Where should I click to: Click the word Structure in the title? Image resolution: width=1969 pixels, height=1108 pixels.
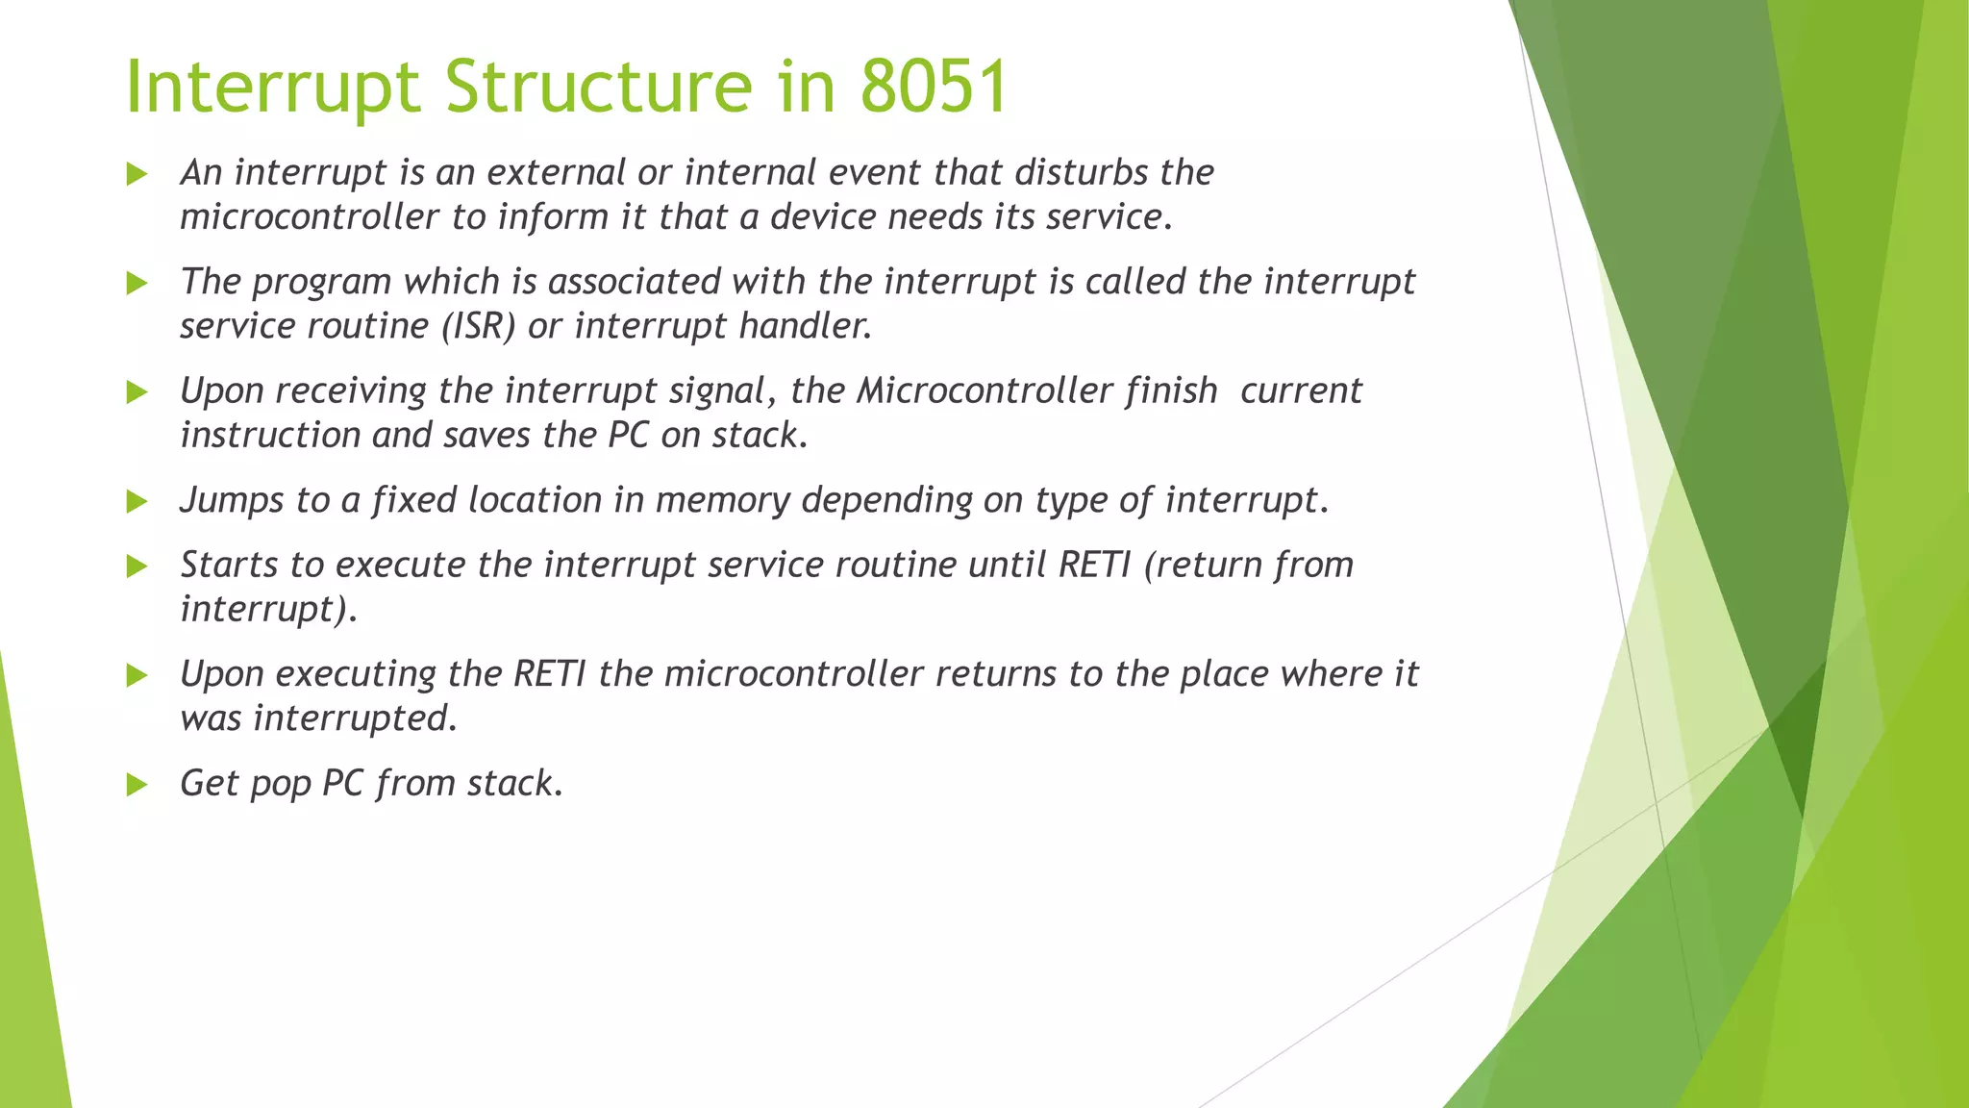pyautogui.click(x=598, y=87)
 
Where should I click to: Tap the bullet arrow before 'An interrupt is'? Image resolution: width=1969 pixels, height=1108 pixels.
pyautogui.click(x=137, y=174)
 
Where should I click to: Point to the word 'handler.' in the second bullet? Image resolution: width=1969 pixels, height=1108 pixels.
pyautogui.click(x=805, y=326)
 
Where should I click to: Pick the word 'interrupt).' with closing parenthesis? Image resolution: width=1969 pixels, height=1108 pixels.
pyautogui.click(x=268, y=609)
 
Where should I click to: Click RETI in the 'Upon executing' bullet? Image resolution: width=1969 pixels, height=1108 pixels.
pyautogui.click(x=549, y=673)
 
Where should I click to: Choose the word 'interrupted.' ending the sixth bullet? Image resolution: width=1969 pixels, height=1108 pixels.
pyautogui.click(x=355, y=718)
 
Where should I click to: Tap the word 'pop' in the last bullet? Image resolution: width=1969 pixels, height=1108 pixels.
pyautogui.click(x=280, y=784)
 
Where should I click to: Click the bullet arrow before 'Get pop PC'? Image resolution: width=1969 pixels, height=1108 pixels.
pyautogui.click(x=137, y=785)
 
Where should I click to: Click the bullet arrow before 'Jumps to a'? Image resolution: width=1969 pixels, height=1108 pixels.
pyautogui.click(x=137, y=501)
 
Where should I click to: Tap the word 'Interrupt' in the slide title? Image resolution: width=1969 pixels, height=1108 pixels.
pyautogui.click(x=274, y=87)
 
